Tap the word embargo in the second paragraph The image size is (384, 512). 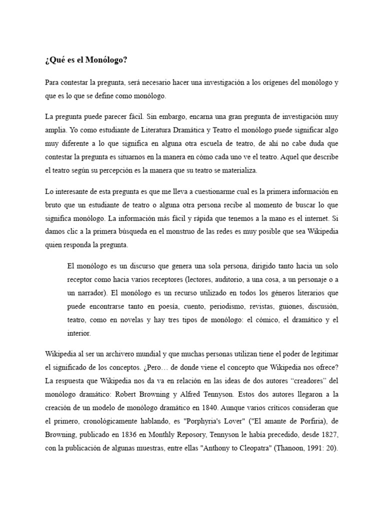tap(167, 116)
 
